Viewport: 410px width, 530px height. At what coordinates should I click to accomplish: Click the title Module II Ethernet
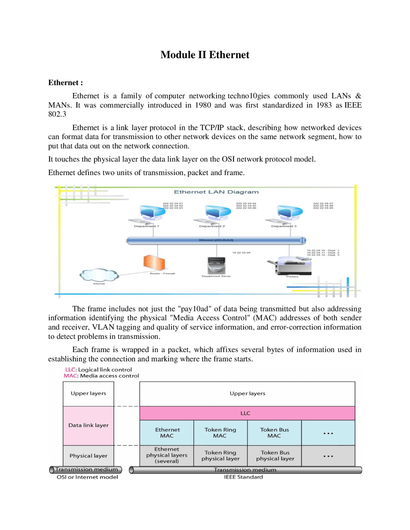point(205,55)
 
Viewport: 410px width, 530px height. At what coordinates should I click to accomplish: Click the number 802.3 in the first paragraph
point(57,114)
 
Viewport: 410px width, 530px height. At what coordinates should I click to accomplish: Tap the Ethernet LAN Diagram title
point(216,192)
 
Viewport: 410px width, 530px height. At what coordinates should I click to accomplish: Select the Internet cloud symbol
point(99,275)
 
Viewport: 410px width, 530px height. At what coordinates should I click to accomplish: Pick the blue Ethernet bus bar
point(216,240)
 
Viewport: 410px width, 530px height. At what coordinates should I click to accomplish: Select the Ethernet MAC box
point(167,433)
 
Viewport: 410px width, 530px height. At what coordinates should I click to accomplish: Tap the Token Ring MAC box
point(220,433)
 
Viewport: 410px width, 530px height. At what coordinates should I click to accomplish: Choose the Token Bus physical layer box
point(275,455)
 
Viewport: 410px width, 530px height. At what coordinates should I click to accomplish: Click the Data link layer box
point(88,425)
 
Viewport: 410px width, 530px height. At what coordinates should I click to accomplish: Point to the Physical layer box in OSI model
point(88,456)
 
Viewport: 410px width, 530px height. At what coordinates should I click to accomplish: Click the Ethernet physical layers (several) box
point(167,455)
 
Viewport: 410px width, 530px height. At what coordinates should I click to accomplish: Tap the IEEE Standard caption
point(243,477)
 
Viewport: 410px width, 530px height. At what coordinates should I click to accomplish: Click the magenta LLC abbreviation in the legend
point(70,370)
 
